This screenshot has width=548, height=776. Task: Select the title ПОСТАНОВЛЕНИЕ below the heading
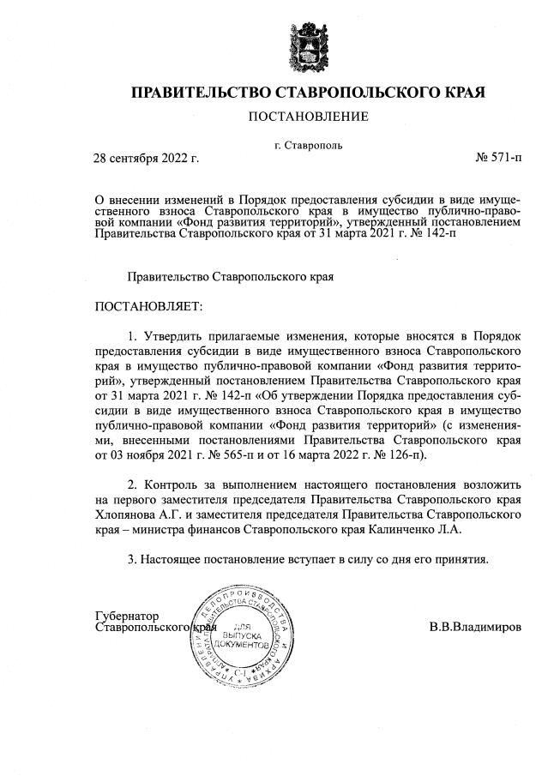tap(308, 117)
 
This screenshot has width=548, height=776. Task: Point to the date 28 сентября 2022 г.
tap(146, 159)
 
